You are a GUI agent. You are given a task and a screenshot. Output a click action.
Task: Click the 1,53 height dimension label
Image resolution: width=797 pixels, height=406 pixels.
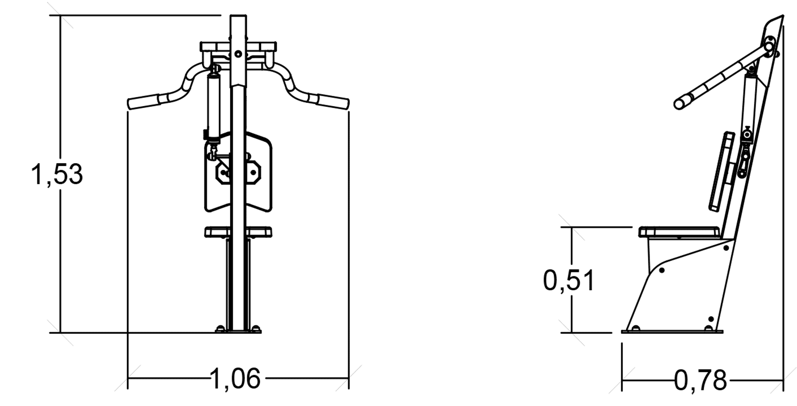point(57,175)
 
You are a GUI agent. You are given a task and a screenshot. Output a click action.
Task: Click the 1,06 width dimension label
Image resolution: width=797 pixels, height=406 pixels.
point(235,379)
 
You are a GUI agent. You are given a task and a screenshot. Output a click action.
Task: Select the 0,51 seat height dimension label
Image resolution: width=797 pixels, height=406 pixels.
point(568,281)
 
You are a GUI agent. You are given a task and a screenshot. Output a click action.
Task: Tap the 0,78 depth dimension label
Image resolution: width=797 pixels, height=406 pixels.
point(700,381)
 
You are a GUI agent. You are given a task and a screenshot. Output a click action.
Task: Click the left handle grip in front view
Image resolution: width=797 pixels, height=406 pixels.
point(144,102)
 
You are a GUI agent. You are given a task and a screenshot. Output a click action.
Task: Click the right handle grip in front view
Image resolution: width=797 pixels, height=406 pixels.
point(333,102)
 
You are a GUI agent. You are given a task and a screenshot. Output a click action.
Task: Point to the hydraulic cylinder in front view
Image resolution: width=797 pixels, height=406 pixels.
point(214,107)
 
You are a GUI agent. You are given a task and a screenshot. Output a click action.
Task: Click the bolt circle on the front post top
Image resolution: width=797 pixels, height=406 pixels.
point(238,54)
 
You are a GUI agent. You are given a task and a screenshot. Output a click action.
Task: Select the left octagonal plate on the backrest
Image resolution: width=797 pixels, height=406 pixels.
point(223,173)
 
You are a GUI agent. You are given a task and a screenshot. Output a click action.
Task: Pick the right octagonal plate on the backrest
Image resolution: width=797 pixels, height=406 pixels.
point(254,173)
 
